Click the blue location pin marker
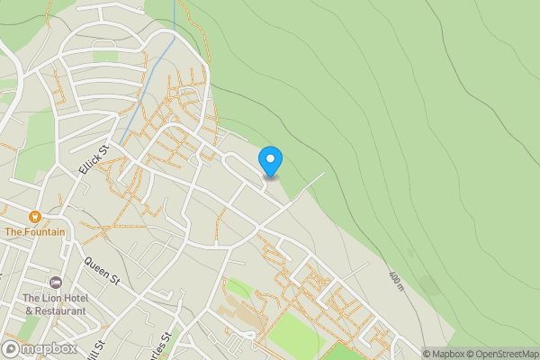pos(270,161)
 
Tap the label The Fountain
pos(34,231)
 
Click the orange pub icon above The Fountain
pos(34,217)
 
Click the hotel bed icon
pos(56,283)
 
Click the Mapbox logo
pos(40,348)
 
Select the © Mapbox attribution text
pos(448,354)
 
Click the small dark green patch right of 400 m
pos(429,286)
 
